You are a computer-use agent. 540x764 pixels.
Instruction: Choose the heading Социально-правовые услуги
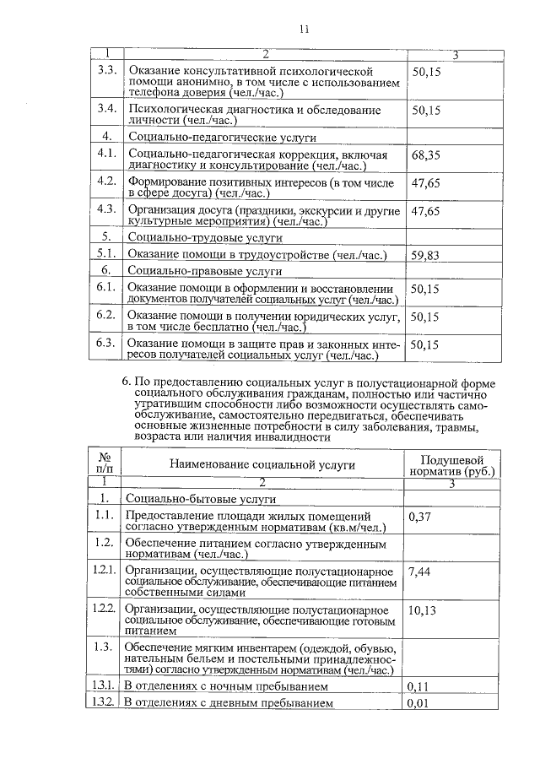[x=204, y=271]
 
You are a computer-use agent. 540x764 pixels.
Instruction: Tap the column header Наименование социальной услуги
[x=262, y=464]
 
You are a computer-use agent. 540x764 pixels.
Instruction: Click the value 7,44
[x=420, y=572]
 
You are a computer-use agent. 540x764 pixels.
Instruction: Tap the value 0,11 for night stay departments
[x=419, y=686]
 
